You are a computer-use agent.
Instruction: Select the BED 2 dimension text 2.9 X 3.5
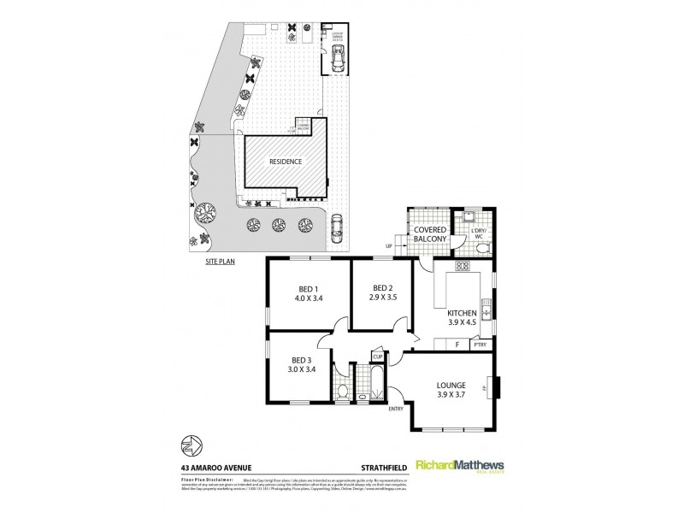tap(382, 299)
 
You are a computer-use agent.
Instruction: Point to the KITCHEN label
tap(462, 314)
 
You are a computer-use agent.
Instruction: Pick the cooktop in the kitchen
tap(463, 266)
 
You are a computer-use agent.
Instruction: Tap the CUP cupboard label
tap(377, 356)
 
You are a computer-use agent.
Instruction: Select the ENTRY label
tap(396, 409)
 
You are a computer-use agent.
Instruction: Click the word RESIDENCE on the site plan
tap(286, 160)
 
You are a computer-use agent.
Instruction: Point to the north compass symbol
tap(191, 445)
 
